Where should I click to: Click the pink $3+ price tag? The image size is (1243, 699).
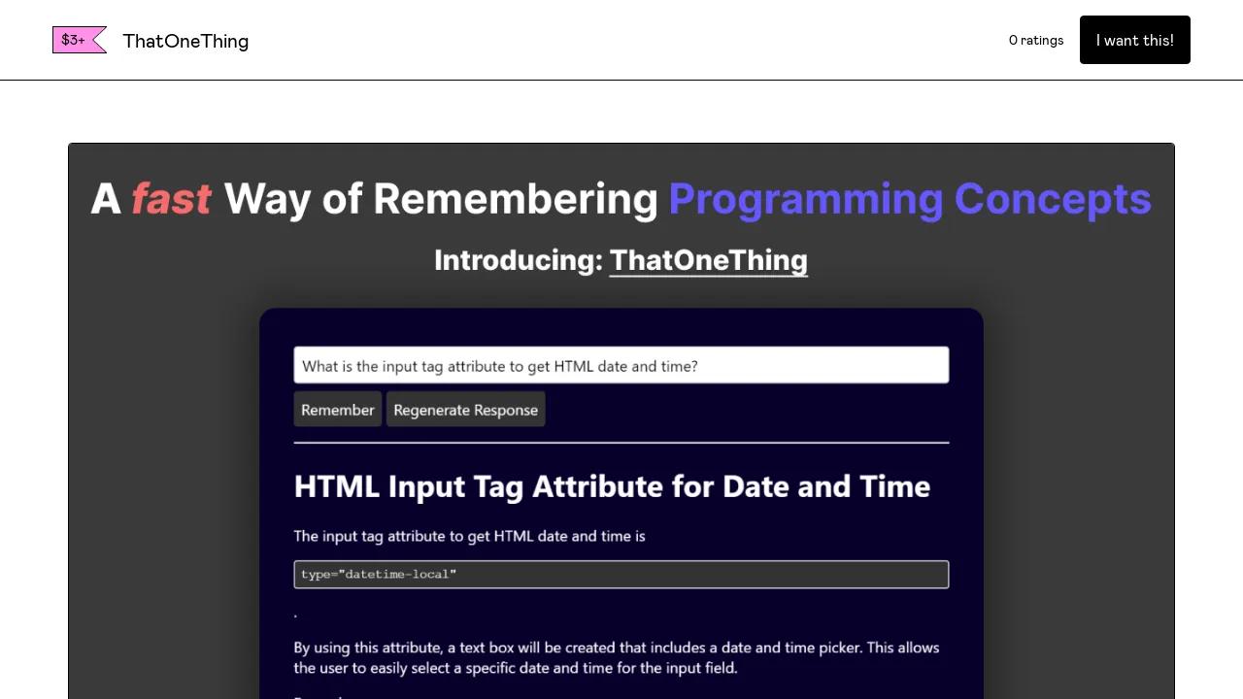click(x=79, y=40)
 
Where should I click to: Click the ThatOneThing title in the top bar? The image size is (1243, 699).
click(x=185, y=41)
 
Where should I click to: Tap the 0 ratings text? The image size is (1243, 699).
click(x=1036, y=41)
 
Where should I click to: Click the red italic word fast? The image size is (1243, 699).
click(x=171, y=199)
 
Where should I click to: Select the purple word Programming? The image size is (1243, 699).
click(x=806, y=200)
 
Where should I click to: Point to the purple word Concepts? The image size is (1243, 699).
click(x=1053, y=200)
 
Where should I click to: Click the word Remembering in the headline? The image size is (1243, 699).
click(x=516, y=199)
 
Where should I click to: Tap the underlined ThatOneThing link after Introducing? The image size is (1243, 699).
click(x=709, y=261)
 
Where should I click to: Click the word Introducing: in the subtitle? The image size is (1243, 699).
click(x=519, y=261)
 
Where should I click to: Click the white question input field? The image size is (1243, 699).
click(x=621, y=365)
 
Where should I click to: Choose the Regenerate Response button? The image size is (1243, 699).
click(x=465, y=410)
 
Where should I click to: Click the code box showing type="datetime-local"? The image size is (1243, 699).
click(x=621, y=574)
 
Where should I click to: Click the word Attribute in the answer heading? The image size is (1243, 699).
click(x=596, y=486)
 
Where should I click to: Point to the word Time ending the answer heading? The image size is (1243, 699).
click(x=894, y=486)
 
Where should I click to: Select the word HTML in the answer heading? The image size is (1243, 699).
click(x=337, y=486)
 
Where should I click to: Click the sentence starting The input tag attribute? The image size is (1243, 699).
click(x=469, y=537)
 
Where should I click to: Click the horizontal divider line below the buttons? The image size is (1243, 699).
click(x=621, y=443)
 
